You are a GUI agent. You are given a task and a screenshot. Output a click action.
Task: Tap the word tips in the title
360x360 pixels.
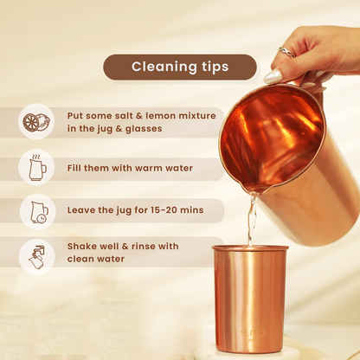[x=215, y=67]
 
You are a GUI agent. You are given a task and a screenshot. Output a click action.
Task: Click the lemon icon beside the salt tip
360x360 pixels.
[x=36, y=122]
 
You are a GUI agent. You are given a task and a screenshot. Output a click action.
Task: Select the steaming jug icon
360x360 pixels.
[x=37, y=167]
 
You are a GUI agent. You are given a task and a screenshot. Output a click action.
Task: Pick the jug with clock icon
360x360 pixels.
[x=39, y=212]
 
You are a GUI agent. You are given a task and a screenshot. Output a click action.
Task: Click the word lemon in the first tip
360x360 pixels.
[x=161, y=116]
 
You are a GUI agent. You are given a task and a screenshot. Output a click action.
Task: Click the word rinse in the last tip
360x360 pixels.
[x=144, y=247]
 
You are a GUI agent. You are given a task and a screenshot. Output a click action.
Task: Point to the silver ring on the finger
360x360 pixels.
[x=287, y=53]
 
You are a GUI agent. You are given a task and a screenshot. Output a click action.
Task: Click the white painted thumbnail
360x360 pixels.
[x=273, y=76]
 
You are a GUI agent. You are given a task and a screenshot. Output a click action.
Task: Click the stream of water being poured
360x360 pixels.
[x=252, y=219]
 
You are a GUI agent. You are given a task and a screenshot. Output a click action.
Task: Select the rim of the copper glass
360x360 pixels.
[x=250, y=247]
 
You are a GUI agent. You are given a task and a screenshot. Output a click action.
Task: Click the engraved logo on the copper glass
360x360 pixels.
[x=253, y=333]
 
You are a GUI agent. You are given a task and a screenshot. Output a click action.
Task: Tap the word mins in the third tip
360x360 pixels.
[x=192, y=210]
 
